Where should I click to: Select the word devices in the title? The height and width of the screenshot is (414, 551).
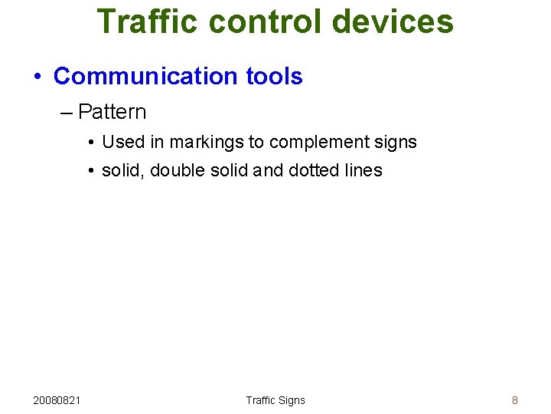tap(393, 21)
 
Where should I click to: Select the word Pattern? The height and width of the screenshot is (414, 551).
tap(112, 112)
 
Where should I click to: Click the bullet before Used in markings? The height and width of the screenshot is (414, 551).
tap(90, 143)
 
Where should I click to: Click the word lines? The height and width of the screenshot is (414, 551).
tap(363, 170)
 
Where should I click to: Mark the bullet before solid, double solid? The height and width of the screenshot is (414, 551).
tap(90, 171)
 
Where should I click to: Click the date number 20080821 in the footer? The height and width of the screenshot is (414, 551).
tap(58, 400)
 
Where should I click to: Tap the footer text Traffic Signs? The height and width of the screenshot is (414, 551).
tap(275, 400)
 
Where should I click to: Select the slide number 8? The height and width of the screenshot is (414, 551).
tap(515, 400)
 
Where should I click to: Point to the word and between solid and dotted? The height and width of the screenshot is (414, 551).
tap(267, 170)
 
